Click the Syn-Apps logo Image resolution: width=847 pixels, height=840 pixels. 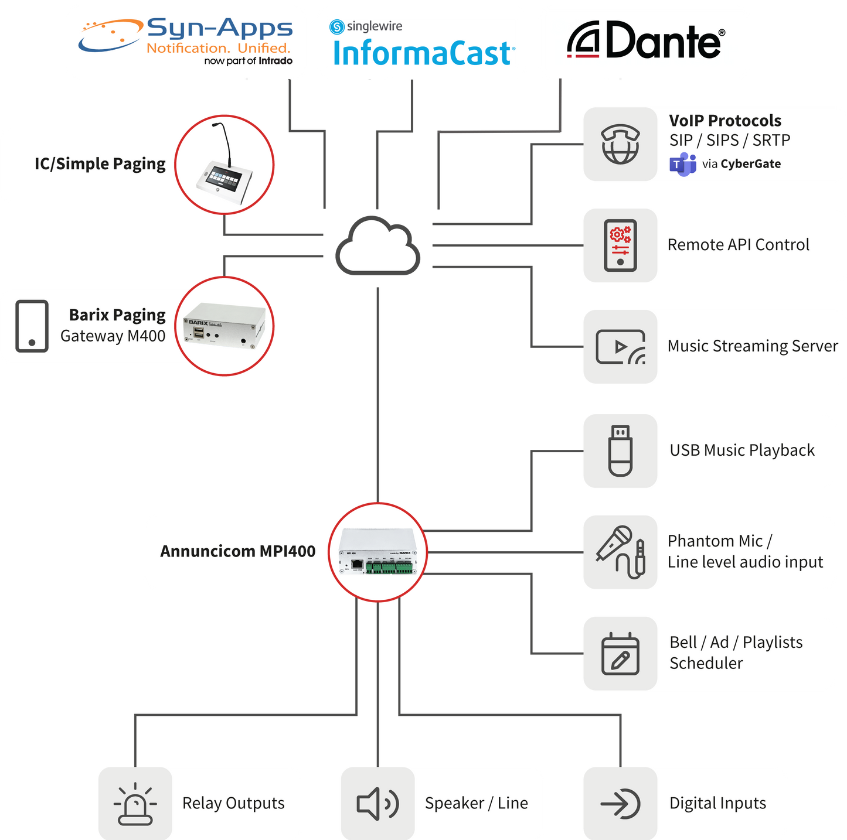[186, 42]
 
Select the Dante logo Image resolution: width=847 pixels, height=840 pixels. [645, 40]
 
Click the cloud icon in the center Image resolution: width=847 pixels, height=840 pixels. [378, 246]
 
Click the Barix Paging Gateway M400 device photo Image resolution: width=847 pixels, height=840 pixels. [226, 326]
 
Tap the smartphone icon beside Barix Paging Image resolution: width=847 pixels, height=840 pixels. [32, 326]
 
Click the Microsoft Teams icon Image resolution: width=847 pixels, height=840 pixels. [682, 164]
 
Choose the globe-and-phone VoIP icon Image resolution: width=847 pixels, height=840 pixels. [620, 144]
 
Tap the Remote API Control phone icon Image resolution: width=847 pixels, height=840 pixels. [620, 245]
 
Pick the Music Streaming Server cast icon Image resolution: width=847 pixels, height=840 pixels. [620, 347]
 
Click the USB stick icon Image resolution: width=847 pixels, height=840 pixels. [620, 450]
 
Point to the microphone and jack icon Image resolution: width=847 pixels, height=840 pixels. [620, 552]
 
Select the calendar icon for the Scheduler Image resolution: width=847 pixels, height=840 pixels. [620, 654]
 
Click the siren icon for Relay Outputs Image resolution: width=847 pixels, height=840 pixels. [135, 804]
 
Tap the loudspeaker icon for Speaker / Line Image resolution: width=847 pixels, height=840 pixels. [377, 804]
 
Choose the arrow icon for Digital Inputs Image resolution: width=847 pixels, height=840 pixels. [620, 804]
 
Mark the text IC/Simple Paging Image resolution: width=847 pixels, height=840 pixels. [100, 164]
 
